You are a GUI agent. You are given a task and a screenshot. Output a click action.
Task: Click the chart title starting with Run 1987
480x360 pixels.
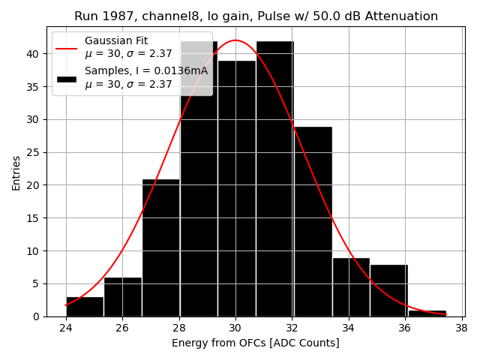tap(256, 16)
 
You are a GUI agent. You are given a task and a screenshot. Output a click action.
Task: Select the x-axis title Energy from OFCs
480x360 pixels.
tap(255, 343)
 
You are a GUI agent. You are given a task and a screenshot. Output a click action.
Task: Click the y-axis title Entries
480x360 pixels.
tap(16, 172)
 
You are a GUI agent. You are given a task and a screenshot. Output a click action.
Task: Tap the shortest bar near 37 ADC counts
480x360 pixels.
tap(427, 313)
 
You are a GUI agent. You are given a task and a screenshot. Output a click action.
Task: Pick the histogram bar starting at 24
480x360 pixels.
tap(85, 307)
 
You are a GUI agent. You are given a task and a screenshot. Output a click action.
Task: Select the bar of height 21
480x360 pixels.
tap(160, 247)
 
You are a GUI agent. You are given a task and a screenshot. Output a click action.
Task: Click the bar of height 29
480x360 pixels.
tap(313, 221)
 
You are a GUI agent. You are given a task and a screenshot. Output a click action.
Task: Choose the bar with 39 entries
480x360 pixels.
tap(236, 188)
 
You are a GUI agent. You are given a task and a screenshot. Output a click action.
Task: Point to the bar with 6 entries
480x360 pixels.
tap(122, 297)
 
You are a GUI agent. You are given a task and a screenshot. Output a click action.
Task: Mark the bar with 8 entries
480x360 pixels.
tap(388, 290)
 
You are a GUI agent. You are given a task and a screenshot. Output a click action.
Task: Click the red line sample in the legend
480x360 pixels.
tap(66, 47)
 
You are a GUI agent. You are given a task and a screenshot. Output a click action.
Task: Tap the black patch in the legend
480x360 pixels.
tap(66, 78)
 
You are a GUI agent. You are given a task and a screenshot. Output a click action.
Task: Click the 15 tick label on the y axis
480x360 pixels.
tap(34, 218)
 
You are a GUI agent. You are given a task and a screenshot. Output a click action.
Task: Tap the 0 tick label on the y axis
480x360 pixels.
tap(37, 316)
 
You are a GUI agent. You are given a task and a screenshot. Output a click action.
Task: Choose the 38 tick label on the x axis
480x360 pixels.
tap(461, 328)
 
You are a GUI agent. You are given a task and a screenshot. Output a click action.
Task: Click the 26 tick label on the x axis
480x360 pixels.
tap(123, 328)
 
